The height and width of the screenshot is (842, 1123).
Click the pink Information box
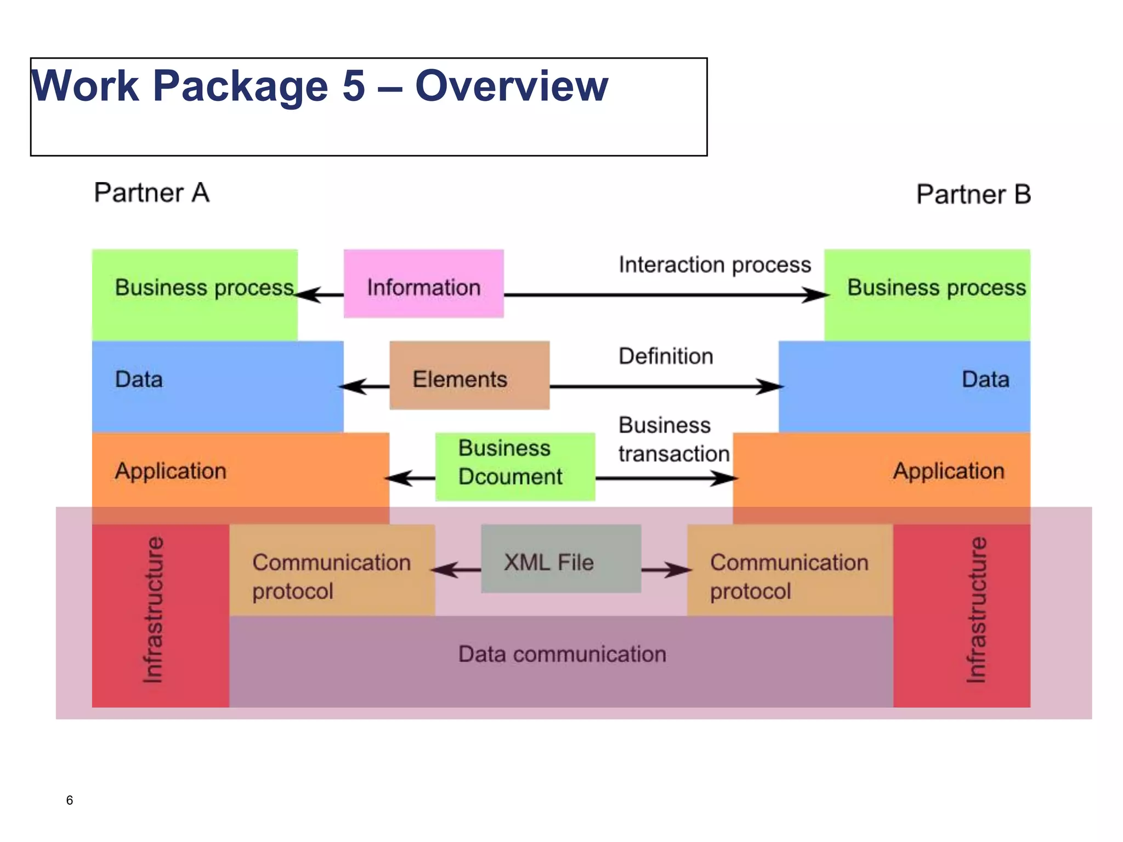423,284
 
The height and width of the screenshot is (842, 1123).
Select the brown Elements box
469,376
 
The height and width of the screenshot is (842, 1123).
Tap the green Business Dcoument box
514,466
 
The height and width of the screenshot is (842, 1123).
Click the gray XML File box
560,559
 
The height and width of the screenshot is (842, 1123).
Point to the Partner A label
152,193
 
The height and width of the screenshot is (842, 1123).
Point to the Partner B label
973,195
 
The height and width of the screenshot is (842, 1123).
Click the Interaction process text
714,265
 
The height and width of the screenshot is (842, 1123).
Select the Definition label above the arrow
666,356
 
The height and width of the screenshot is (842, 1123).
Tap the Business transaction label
673,440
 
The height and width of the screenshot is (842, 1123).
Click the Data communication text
562,654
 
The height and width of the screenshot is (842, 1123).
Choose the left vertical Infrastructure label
153,610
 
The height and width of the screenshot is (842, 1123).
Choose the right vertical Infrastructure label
976,610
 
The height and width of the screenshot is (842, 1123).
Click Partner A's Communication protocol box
332,576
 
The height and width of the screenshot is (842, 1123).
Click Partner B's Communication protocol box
789,576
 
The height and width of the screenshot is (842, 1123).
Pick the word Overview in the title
511,86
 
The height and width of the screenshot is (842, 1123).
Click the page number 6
70,800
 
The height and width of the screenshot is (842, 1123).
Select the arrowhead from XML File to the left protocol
444,570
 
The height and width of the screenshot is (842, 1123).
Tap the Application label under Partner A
171,471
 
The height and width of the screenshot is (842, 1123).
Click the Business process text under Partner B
936,288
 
